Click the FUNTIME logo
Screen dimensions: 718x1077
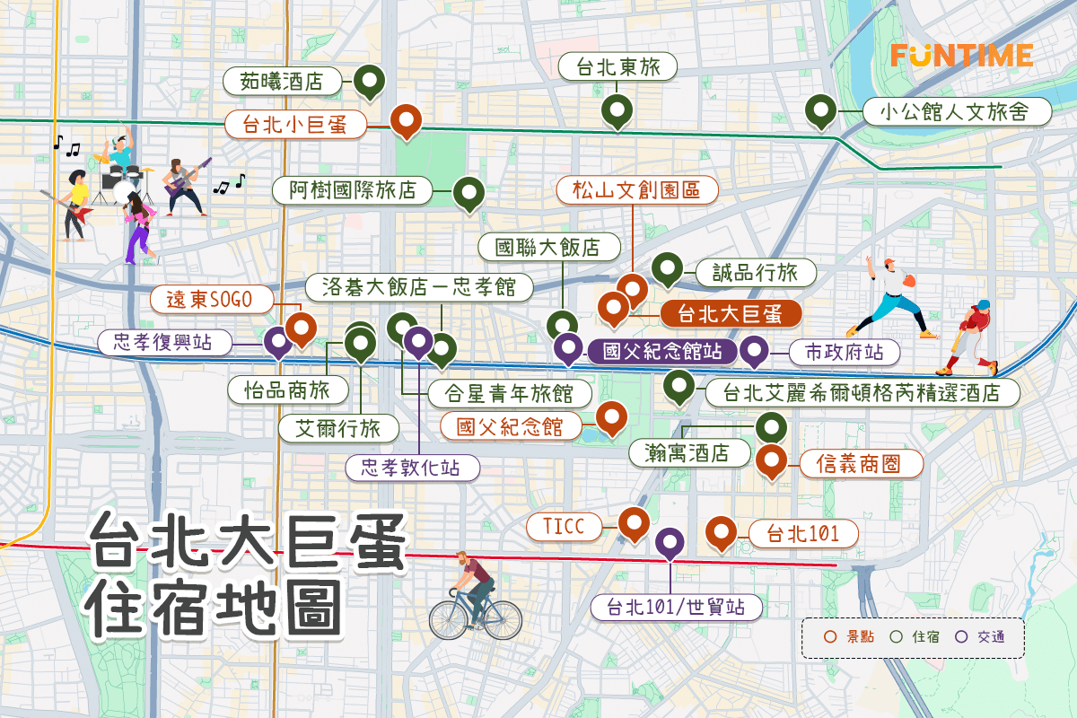[x=961, y=55]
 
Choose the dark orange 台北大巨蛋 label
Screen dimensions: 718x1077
[x=731, y=314]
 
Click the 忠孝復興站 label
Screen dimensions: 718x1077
[x=164, y=342]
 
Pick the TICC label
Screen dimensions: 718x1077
[x=570, y=526]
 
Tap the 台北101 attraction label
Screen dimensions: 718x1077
[x=802, y=535]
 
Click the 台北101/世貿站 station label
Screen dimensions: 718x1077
[x=677, y=607]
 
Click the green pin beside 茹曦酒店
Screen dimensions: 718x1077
[x=369, y=81]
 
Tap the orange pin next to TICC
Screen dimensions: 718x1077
[x=634, y=523]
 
